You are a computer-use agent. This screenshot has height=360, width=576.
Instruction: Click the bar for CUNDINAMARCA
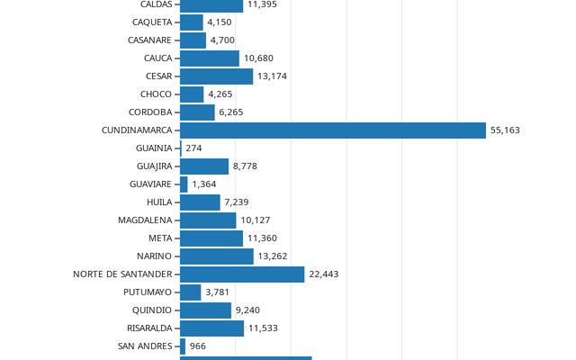click(x=333, y=130)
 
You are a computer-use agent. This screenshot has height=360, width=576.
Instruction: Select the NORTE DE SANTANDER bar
click(x=242, y=274)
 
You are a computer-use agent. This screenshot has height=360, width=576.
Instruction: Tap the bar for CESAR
click(x=216, y=76)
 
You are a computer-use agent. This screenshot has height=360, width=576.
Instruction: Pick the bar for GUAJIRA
click(x=204, y=166)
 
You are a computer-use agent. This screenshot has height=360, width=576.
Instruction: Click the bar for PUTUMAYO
click(x=190, y=292)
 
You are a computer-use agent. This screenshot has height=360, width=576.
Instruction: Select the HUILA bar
click(x=200, y=202)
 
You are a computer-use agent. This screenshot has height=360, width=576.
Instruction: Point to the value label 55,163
click(x=505, y=130)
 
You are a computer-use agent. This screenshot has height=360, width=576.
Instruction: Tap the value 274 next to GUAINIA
click(x=193, y=148)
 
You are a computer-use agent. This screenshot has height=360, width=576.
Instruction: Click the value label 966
click(x=198, y=346)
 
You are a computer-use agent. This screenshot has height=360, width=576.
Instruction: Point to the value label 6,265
click(x=231, y=112)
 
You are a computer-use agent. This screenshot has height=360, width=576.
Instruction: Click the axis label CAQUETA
click(x=152, y=22)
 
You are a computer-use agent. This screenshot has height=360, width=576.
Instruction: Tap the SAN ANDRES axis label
click(x=145, y=346)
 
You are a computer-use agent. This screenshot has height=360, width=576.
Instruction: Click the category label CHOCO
click(x=156, y=94)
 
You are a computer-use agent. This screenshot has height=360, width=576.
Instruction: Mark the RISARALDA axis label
click(x=149, y=328)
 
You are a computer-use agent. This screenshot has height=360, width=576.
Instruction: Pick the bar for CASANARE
click(x=193, y=40)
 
